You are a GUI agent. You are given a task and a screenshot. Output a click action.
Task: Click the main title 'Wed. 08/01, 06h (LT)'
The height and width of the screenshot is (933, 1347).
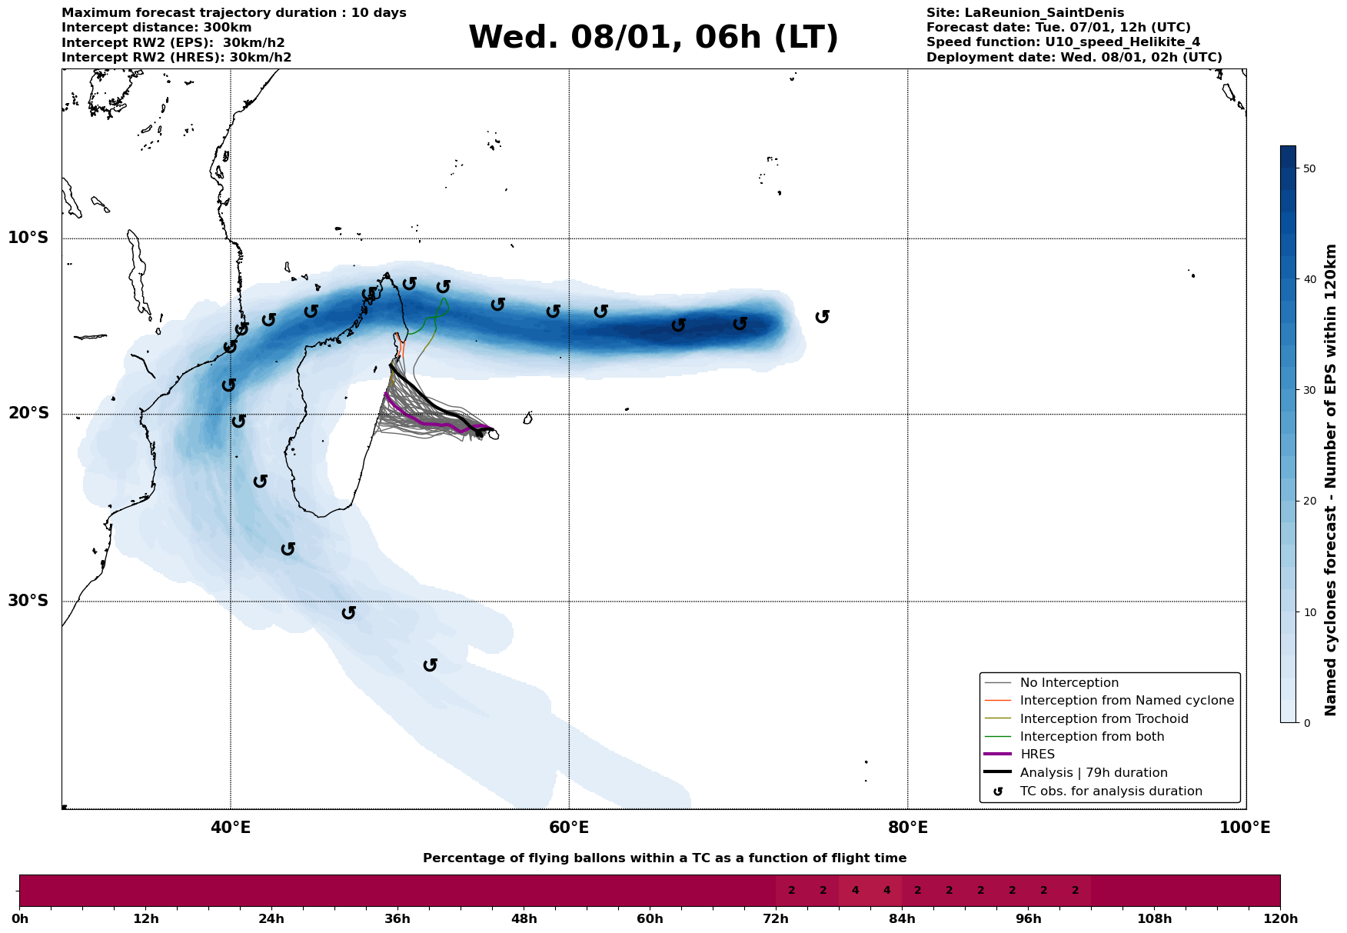click(653, 38)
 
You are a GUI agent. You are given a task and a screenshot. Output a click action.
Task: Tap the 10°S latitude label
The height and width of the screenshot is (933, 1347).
click(28, 238)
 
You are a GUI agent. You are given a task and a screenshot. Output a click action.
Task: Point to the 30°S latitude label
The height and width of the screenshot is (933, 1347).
click(28, 601)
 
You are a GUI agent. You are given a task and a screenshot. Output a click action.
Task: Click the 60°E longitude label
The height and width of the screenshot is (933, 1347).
click(569, 828)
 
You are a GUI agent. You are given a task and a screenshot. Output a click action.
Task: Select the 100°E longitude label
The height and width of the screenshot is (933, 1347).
click(1245, 828)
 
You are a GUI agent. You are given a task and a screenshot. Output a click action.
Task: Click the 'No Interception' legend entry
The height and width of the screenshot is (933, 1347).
click(1069, 683)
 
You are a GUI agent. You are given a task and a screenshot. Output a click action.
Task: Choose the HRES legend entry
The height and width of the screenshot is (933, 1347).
click(1037, 755)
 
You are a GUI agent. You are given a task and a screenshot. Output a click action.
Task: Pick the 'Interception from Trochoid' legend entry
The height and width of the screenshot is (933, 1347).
click(1103, 719)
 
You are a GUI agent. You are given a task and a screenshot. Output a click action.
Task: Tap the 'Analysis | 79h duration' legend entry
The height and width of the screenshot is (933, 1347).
click(1093, 773)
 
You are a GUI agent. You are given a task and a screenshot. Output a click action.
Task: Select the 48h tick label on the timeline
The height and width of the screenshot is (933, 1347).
click(524, 919)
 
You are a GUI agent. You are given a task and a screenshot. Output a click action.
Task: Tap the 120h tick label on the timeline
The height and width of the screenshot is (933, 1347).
click(1279, 919)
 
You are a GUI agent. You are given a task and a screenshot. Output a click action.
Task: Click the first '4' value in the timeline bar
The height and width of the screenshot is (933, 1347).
click(855, 891)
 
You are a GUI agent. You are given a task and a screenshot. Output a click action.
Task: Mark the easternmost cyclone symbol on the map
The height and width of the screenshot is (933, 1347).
click(822, 317)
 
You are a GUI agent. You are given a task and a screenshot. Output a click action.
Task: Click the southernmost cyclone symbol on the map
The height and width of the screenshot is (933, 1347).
click(431, 665)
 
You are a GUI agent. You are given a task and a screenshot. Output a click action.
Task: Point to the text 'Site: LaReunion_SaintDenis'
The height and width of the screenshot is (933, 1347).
click(1025, 13)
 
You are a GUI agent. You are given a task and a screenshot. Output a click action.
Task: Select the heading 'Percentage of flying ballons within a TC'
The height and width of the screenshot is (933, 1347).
click(664, 858)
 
